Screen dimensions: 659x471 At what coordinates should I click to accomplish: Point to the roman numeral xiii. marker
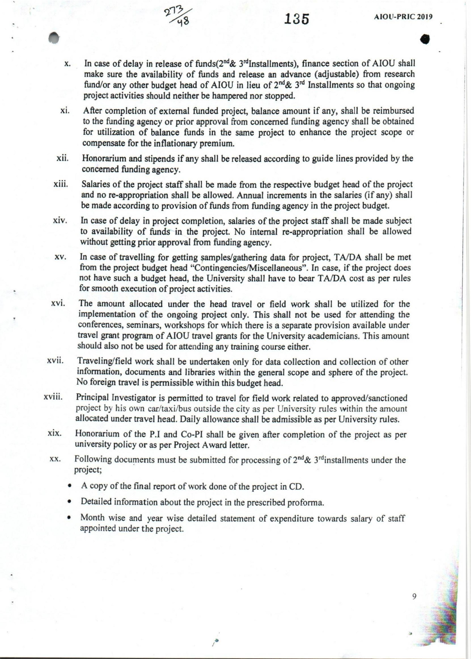(61, 184)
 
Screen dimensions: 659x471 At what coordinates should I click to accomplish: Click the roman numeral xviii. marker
(53, 397)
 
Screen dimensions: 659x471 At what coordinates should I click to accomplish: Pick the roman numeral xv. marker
(61, 257)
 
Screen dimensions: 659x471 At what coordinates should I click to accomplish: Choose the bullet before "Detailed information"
(70, 502)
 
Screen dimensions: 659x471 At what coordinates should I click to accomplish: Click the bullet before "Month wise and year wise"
(69, 518)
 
